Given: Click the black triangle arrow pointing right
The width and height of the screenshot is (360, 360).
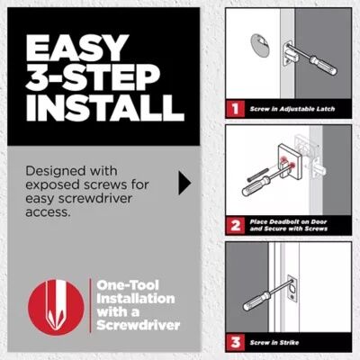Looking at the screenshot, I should pos(185,184).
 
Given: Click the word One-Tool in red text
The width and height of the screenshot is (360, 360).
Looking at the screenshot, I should pos(123,288).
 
